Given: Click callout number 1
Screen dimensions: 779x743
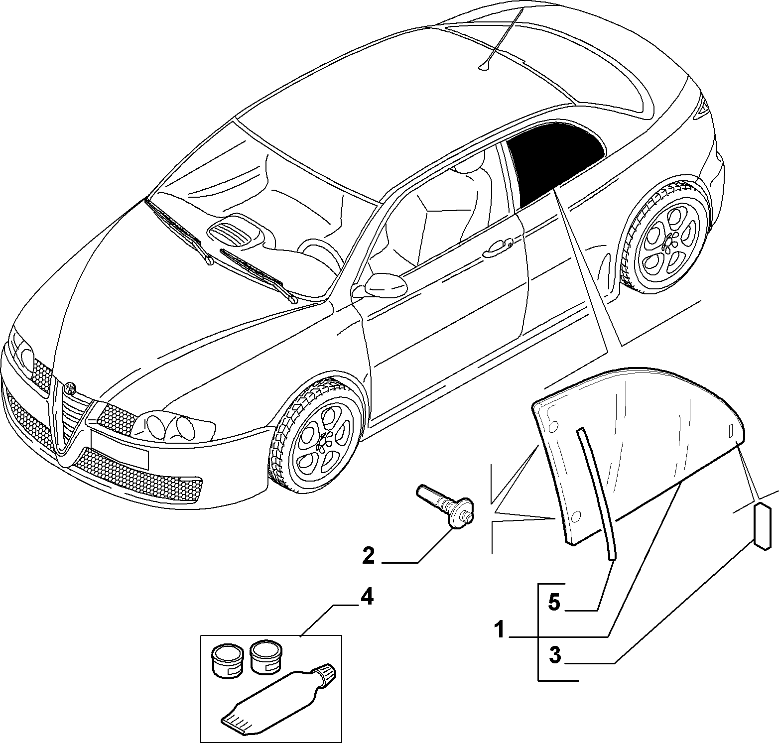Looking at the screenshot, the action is tap(500, 630).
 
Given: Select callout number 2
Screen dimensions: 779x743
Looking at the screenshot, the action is tap(368, 555).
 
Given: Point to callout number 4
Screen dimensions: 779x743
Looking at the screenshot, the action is tap(366, 597).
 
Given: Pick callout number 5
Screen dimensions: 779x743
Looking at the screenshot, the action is tap(554, 604).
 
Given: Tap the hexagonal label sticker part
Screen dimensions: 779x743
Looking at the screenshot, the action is tap(763, 525).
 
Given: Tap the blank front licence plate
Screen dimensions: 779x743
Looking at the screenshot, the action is tap(119, 449).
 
